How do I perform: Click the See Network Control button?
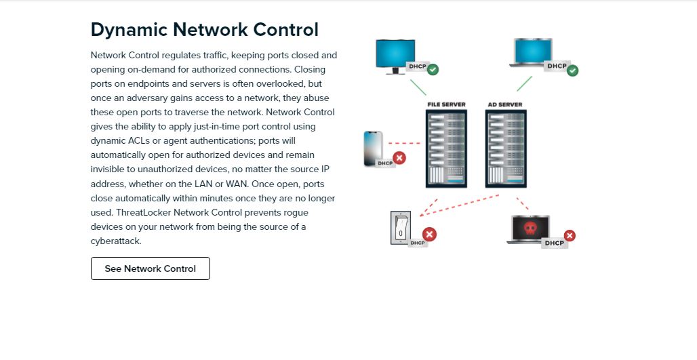tap(151, 268)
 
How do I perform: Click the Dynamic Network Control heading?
tap(204, 30)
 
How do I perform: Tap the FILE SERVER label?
tap(446, 104)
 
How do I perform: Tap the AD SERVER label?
tap(505, 104)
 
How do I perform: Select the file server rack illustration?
tap(447, 148)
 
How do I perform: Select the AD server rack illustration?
tap(506, 148)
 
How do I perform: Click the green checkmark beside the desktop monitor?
tap(433, 69)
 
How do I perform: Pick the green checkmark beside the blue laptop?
tap(572, 70)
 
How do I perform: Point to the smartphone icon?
tap(373, 147)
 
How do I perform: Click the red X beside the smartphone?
tap(399, 158)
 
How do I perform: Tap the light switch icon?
tap(400, 228)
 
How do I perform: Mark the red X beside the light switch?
tap(429, 235)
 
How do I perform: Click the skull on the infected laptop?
tap(530, 228)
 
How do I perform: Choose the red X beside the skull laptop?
tap(570, 235)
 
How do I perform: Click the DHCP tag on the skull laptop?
tap(554, 243)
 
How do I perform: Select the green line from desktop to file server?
tap(418, 87)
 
